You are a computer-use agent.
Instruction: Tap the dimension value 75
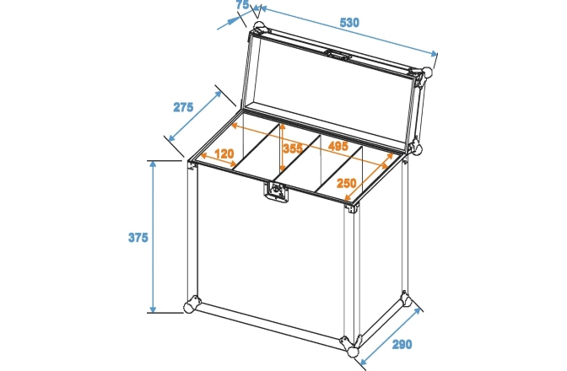242,6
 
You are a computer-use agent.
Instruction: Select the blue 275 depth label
183,107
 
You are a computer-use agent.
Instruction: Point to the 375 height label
138,238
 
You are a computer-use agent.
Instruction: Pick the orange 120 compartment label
224,154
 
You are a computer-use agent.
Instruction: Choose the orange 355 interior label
292,148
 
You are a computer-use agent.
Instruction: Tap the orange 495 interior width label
337,147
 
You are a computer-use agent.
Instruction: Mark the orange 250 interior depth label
346,183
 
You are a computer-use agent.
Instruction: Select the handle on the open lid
339,56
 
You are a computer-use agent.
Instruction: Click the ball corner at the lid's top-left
257,20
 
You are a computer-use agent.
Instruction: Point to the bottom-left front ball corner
192,304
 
